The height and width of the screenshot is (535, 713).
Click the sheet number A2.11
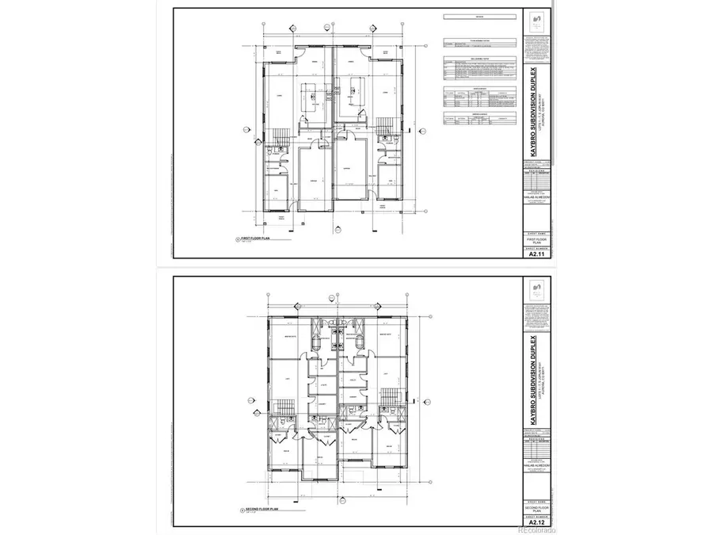(x=537, y=254)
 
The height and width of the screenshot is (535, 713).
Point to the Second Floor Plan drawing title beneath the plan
(x=258, y=510)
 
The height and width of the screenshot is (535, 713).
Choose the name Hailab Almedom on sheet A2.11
(x=537, y=198)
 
